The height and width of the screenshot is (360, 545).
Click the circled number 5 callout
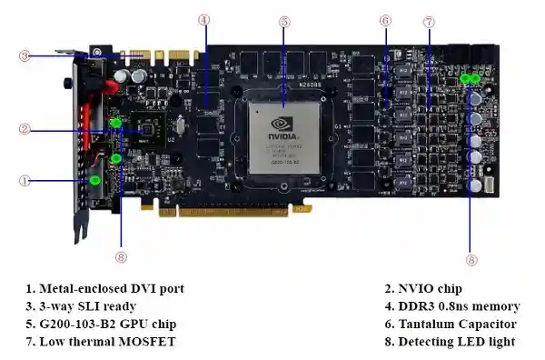point(284,22)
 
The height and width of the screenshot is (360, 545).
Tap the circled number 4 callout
point(204,20)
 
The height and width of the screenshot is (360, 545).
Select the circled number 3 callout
point(25,56)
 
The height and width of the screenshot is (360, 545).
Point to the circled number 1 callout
point(25,181)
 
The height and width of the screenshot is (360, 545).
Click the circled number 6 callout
point(385,21)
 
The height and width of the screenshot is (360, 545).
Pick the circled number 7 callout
point(430,22)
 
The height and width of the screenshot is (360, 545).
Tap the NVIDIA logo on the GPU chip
point(282,129)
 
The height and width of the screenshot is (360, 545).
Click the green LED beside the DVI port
point(94,181)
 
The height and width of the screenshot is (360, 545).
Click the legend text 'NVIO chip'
point(430,289)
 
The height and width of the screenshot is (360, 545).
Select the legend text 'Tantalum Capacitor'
point(457,325)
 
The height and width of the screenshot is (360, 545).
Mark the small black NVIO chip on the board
point(148,129)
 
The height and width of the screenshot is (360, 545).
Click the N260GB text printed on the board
point(310,85)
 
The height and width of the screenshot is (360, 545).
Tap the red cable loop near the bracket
point(111,87)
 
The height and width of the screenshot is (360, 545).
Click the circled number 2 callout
point(25,129)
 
